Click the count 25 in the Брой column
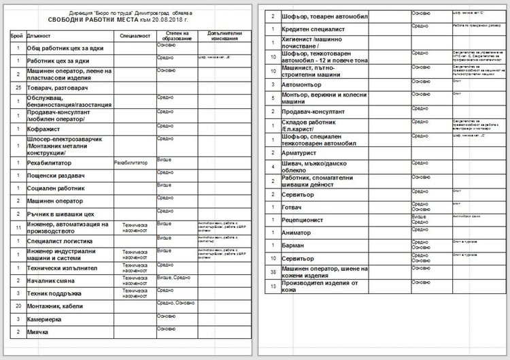(18, 88)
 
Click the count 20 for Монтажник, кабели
(18, 306)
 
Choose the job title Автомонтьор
(302, 84)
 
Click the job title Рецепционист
(303, 220)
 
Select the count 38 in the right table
(273, 272)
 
